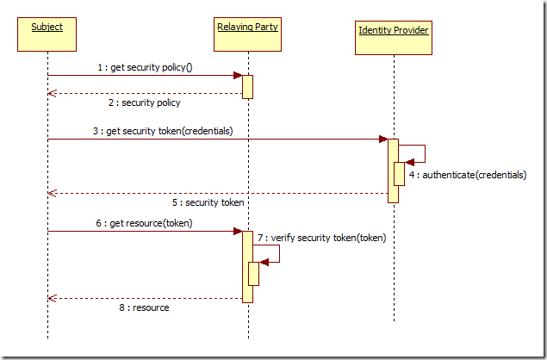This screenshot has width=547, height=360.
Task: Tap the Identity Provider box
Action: [393, 36]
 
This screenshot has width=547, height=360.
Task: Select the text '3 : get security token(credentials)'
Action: [165, 131]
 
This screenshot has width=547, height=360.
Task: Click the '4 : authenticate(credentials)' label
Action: [469, 174]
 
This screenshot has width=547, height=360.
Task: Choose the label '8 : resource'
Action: [144, 307]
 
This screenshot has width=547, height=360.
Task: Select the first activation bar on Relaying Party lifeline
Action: [247, 87]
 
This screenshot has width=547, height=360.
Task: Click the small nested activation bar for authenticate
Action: [400, 174]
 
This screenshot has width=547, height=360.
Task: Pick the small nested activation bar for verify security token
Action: [254, 274]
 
